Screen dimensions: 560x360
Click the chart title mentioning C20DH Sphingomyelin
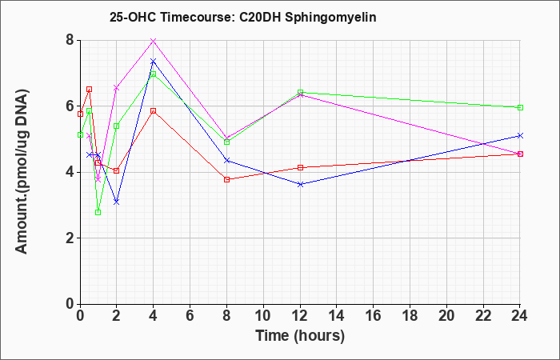coord(243,17)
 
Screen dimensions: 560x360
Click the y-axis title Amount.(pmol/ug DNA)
coord(22,172)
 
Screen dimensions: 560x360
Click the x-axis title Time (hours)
coord(300,336)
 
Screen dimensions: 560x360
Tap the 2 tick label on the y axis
coord(70,238)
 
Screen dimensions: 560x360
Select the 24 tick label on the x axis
coord(519,315)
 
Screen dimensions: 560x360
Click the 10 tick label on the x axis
coord(263,315)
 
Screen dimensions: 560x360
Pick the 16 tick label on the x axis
coord(373,315)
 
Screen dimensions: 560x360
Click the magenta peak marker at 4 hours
coord(154,41)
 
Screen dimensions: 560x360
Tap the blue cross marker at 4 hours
coord(154,62)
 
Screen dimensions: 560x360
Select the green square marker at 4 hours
coord(154,74)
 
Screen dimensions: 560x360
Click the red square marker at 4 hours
coord(154,110)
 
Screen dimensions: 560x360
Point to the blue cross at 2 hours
coord(117,202)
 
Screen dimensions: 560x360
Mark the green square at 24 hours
coord(520,107)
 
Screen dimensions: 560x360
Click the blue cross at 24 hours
coord(520,136)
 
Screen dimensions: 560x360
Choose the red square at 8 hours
coord(226,179)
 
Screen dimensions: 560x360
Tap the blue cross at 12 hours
coord(300,184)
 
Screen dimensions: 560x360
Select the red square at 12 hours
coord(300,167)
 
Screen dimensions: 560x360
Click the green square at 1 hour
coord(98,212)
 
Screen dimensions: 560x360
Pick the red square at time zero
coord(80,114)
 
